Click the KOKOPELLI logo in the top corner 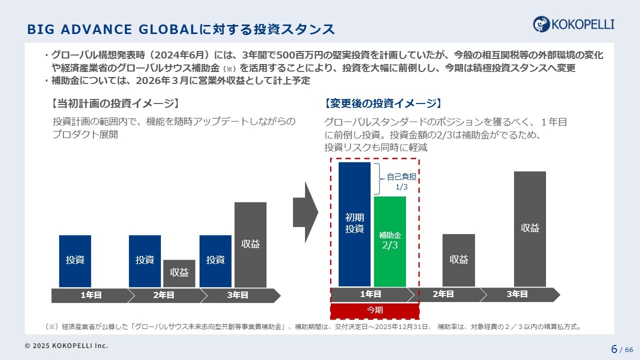[x=573, y=23]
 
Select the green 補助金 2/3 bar [x=390, y=241]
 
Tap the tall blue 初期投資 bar [x=354, y=223]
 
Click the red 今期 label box [x=374, y=310]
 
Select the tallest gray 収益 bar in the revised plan [x=529, y=228]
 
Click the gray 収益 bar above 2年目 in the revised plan [x=458, y=260]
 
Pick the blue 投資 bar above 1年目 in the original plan [x=75, y=260]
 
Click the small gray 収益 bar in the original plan [x=179, y=273]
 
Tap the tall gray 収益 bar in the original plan [x=250, y=244]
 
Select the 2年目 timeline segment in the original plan [x=163, y=295]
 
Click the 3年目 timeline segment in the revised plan [x=517, y=294]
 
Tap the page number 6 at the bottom [x=613, y=348]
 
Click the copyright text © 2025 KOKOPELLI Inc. [x=66, y=345]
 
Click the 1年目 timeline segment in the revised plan [x=370, y=294]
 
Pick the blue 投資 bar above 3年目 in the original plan [x=215, y=260]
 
